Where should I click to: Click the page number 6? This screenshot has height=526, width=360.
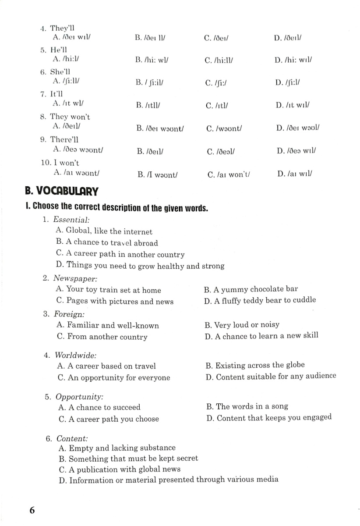pyautogui.click(x=32, y=511)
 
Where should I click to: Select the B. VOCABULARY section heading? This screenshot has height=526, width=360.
pyautogui.click(x=61, y=191)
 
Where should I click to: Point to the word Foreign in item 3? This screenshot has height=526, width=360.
pyautogui.click(x=69, y=314)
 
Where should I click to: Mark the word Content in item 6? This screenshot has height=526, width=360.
pyautogui.click(x=72, y=438)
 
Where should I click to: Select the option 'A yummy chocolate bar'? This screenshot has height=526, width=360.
pyautogui.click(x=251, y=289)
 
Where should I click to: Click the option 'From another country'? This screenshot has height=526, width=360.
pyautogui.click(x=102, y=337)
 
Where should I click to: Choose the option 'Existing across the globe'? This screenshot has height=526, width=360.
pyautogui.click(x=255, y=365)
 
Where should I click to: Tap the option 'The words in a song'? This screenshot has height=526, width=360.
pyautogui.click(x=247, y=407)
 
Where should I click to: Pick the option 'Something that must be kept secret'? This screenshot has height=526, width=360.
pyautogui.click(x=128, y=458)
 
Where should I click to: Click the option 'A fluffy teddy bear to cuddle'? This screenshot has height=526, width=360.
pyautogui.click(x=260, y=300)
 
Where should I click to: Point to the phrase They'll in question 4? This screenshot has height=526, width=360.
pyautogui.click(x=62, y=28)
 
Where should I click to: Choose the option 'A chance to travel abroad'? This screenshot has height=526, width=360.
pyautogui.click(x=107, y=243)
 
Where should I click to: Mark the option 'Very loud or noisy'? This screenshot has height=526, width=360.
pyautogui.click(x=242, y=325)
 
